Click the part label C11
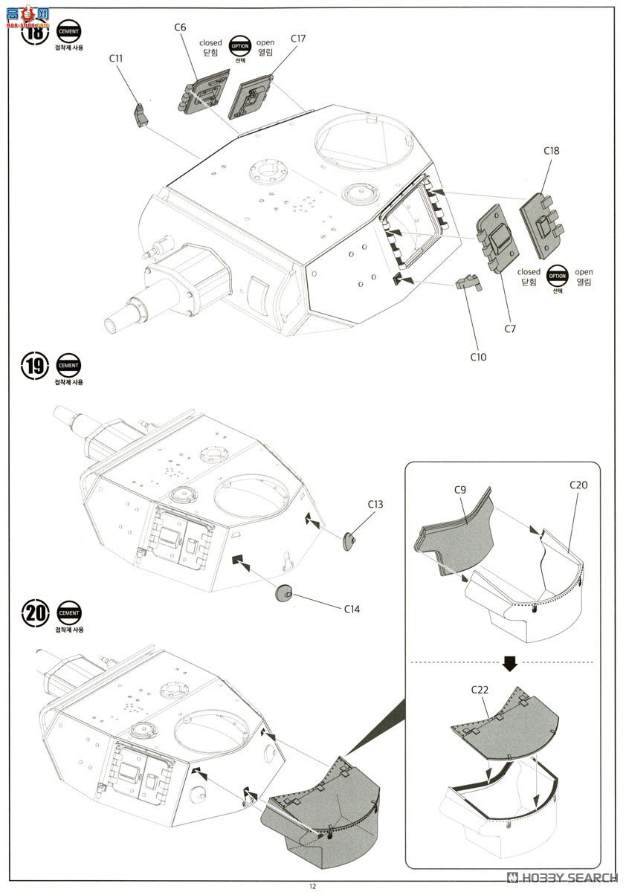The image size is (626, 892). tap(116, 57)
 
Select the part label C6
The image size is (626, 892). tap(180, 28)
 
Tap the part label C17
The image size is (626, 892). tap(298, 38)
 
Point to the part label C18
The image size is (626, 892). tap(551, 151)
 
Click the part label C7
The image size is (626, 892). tap(509, 328)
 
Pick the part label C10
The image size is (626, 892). tap(478, 357)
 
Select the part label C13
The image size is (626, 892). tap(375, 504)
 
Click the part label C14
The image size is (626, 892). tap(352, 609)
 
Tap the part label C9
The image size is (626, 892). tap(459, 490)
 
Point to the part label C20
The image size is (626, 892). tap(578, 485)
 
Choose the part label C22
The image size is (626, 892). tap(480, 689)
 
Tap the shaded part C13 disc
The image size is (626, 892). tap(349, 540)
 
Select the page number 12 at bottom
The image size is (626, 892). tap(313, 885)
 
